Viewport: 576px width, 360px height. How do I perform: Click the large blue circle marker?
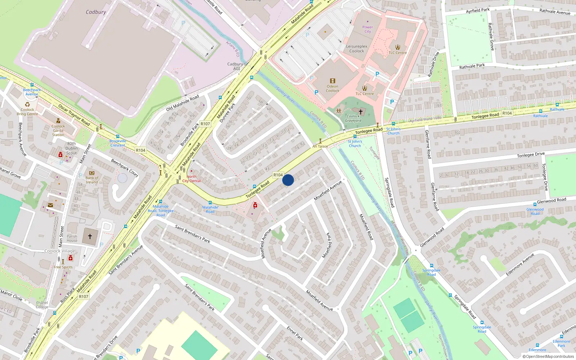[288, 180]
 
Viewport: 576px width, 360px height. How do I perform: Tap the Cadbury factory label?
[96, 12]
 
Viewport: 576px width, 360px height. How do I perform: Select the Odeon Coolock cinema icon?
[332, 81]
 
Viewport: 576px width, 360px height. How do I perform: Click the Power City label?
[368, 29]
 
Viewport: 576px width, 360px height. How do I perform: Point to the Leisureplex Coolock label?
[357, 49]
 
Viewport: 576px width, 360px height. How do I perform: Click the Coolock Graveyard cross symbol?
[360, 112]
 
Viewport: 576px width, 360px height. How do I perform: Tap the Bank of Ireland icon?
[91, 173]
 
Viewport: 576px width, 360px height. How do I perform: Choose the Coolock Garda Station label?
[58, 130]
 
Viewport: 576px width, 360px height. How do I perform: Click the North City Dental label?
[192, 179]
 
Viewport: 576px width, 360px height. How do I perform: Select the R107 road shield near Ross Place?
[84, 297]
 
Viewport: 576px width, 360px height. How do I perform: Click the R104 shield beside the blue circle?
[278, 175]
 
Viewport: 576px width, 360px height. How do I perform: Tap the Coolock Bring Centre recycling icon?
[27, 104]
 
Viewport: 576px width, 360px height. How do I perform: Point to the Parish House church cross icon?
[90, 237]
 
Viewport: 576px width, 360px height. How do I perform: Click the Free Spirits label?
[63, 267]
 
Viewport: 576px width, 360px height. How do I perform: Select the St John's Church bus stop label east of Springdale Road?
[393, 131]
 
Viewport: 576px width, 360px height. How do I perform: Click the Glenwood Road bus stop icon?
[535, 204]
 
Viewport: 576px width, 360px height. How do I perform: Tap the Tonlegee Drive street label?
[531, 155]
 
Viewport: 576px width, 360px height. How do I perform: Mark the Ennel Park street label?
[295, 333]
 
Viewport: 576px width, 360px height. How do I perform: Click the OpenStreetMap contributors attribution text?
[549, 356]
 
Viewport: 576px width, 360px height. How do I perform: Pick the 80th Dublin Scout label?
[71, 148]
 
